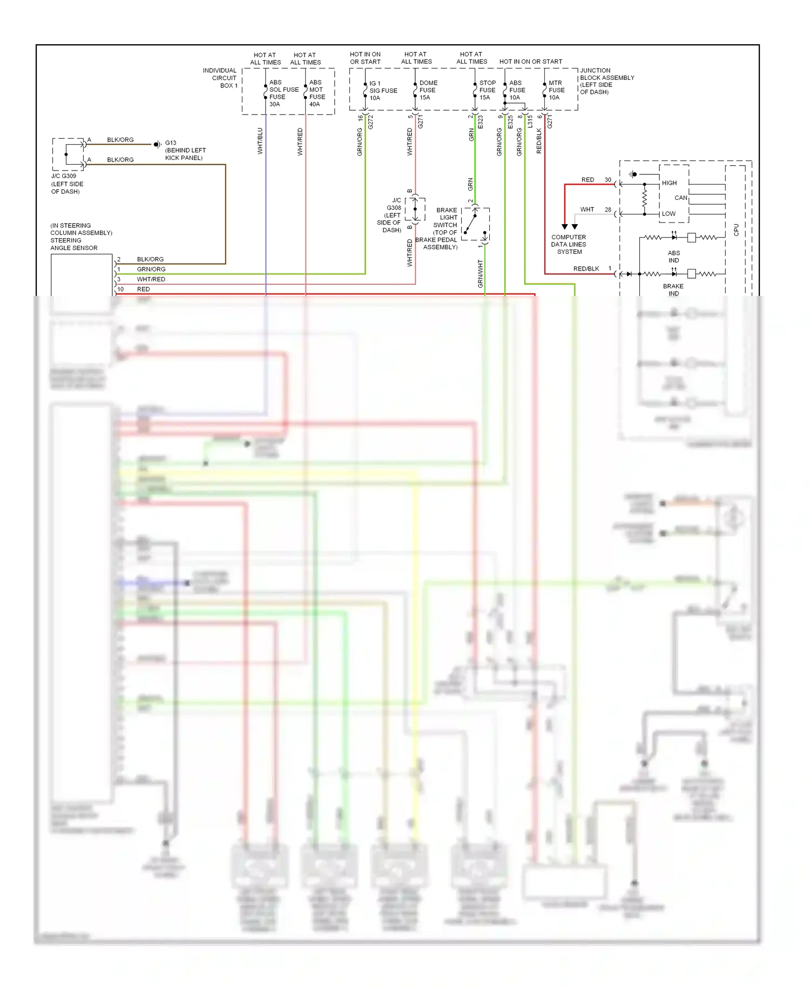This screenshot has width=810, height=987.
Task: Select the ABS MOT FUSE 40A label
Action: click(317, 93)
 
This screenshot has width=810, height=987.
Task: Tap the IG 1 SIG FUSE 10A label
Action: click(382, 91)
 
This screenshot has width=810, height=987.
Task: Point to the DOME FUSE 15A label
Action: click(428, 90)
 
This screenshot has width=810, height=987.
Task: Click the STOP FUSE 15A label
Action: click(487, 90)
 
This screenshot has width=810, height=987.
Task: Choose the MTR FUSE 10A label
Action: click(556, 90)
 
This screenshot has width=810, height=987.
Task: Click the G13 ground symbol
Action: click(157, 144)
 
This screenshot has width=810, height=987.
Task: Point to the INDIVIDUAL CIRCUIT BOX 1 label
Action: click(220, 78)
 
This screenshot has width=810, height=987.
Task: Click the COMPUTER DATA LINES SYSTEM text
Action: click(569, 245)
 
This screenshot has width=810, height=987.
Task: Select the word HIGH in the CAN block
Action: click(669, 183)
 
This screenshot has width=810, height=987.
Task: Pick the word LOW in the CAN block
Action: click(669, 214)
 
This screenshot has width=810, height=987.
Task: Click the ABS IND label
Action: click(673, 256)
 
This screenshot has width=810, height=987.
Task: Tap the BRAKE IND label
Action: click(673, 290)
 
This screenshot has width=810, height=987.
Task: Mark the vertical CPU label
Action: click(736, 230)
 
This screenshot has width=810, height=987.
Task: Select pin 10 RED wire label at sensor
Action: click(143, 289)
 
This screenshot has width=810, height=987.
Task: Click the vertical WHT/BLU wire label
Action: click(260, 141)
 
